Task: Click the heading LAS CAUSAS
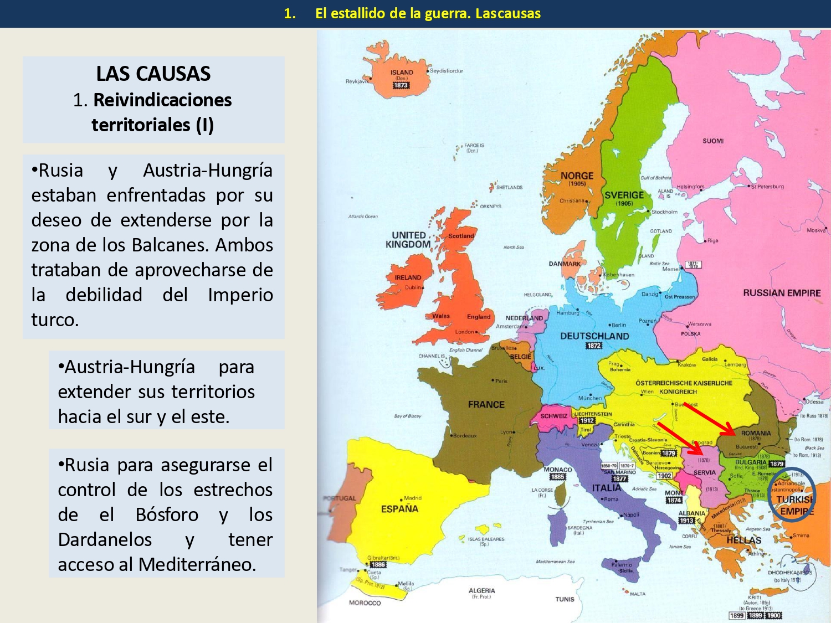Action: pos(153,74)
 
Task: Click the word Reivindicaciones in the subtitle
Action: pos(162,100)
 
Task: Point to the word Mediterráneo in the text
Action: pos(197,564)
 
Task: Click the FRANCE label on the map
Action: pos(486,404)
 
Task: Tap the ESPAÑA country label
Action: pos(399,508)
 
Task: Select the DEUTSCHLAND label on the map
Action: pos(594,336)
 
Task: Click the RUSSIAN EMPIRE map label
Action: pos(782,292)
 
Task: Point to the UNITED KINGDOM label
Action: pos(408,240)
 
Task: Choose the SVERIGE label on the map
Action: pos(624,195)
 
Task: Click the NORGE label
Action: pos(577,176)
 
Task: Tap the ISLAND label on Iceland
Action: pos(402,73)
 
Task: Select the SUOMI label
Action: pos(713,141)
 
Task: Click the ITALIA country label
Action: pos(607,488)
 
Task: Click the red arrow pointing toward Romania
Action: pos(709,419)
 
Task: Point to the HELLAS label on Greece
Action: pos(743,540)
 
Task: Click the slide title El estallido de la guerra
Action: pos(428,13)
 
